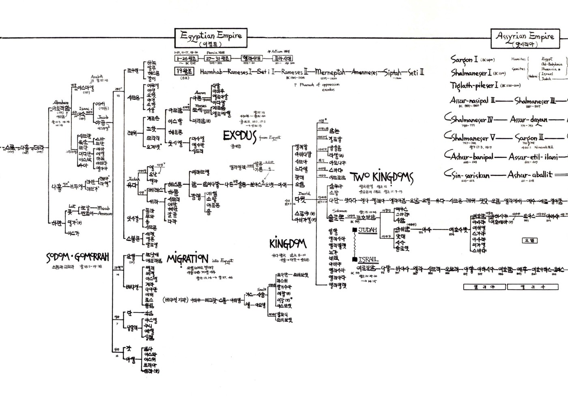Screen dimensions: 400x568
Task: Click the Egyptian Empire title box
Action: pyautogui.click(x=211, y=39)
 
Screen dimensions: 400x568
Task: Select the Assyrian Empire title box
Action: pyautogui.click(x=525, y=39)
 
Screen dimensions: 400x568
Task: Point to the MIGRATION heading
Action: pyautogui.click(x=187, y=259)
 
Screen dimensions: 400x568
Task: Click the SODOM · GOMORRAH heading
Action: pyautogui.click(x=77, y=257)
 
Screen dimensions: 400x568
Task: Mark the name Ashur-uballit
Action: pyautogui.click(x=530, y=175)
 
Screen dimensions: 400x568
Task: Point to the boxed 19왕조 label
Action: pyautogui.click(x=184, y=71)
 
